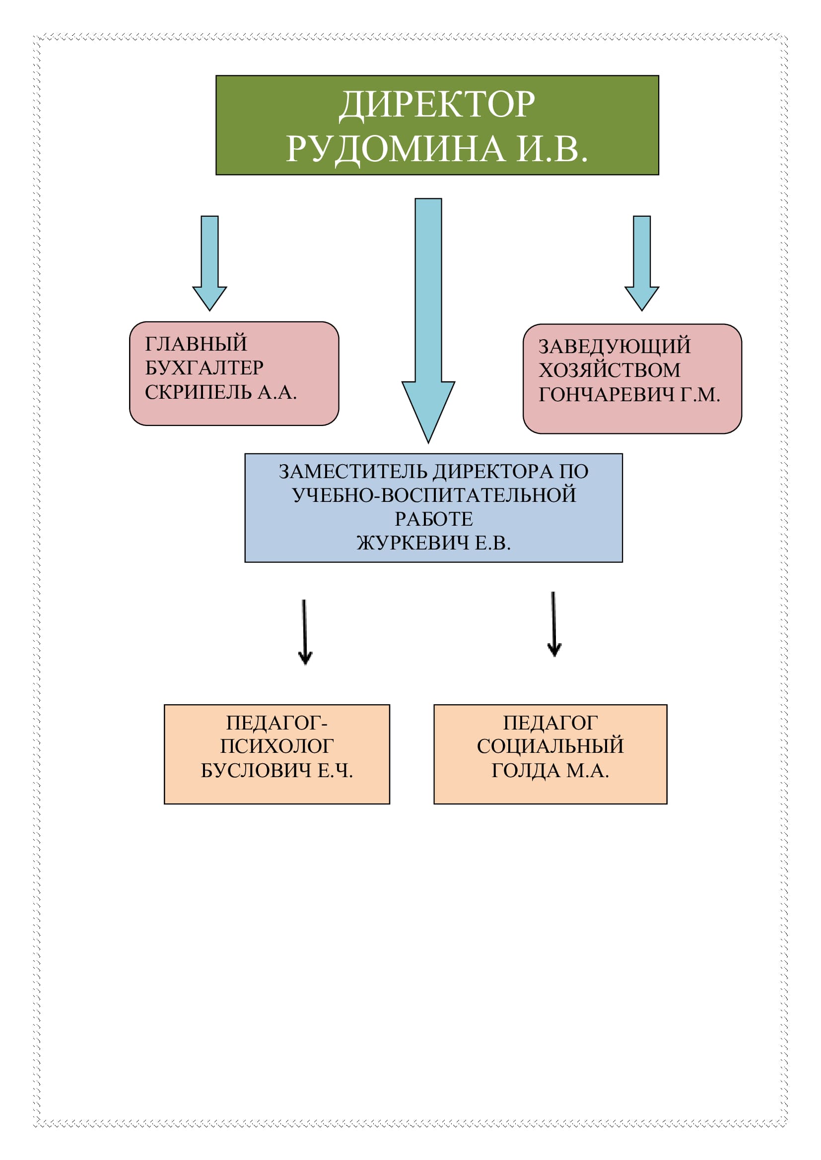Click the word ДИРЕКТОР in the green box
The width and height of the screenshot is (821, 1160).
pyautogui.click(x=437, y=105)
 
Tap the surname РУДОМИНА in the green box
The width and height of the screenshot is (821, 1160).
pyautogui.click(x=395, y=149)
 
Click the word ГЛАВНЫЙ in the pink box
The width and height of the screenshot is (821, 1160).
pyautogui.click(x=196, y=344)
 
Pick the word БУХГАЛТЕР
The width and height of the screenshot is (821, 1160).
pyautogui.click(x=204, y=368)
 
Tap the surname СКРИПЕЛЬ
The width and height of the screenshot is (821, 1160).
pyautogui.click(x=198, y=393)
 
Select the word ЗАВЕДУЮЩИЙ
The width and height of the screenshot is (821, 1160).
pyautogui.click(x=614, y=347)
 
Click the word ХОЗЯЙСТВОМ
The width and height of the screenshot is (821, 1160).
pyautogui.click(x=609, y=370)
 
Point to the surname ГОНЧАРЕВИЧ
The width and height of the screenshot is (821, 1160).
pyautogui.click(x=606, y=395)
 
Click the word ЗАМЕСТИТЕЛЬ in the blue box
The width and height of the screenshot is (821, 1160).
pyautogui.click(x=353, y=471)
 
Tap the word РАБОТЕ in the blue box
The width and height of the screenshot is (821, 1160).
pyautogui.click(x=434, y=519)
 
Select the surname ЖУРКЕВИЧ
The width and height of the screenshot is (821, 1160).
pyautogui.click(x=413, y=543)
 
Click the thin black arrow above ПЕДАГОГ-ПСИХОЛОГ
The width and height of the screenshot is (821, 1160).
pyautogui.click(x=305, y=632)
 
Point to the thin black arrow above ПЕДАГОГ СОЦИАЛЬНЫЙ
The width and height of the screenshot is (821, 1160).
pyautogui.click(x=554, y=624)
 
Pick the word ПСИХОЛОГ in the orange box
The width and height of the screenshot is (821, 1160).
pyautogui.click(x=276, y=746)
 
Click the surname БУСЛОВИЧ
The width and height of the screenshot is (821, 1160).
pyautogui.click(x=256, y=771)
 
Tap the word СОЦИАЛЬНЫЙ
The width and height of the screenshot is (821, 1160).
pyautogui.click(x=550, y=746)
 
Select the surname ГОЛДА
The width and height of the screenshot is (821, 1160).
pyautogui.click(x=526, y=771)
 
